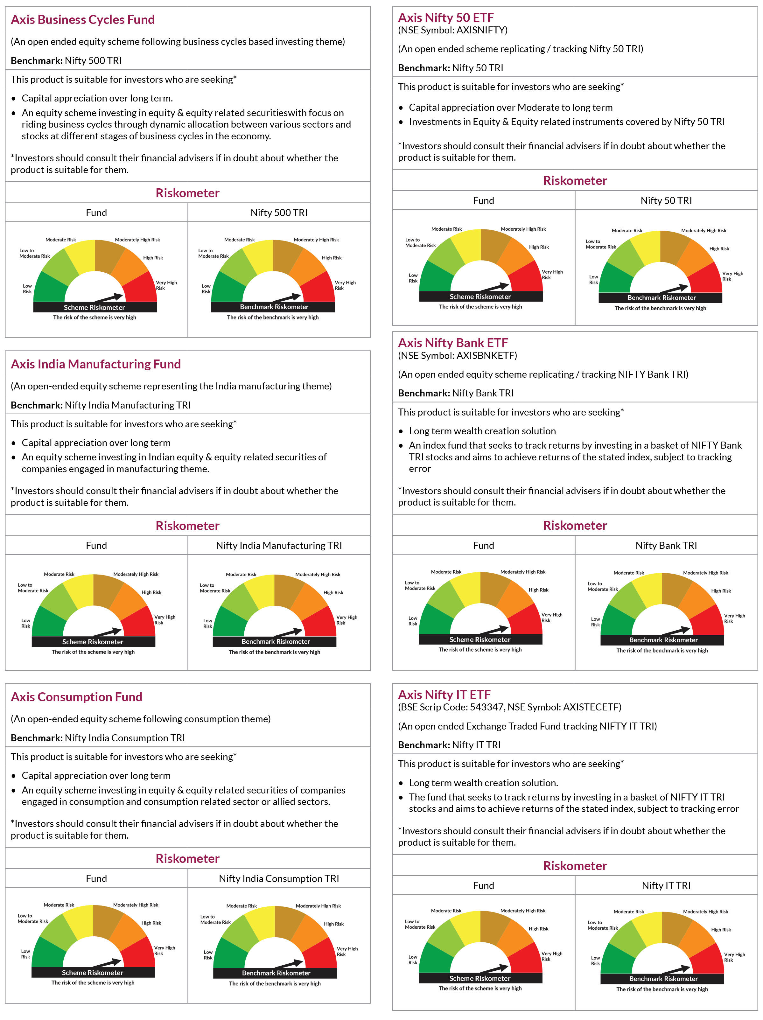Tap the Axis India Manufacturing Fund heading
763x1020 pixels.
pos(95,364)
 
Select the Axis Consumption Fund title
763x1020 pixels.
pos(77,696)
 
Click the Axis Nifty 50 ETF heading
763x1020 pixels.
pos(446,17)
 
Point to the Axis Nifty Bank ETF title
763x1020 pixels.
pos(453,343)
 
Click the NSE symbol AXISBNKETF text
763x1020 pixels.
pos(457,355)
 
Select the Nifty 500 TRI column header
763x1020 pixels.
pos(279,213)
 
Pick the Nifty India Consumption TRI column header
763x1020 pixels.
pos(279,878)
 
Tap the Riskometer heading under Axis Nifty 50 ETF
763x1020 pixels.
pos(575,180)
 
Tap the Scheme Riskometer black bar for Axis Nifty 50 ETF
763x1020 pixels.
pos(480,297)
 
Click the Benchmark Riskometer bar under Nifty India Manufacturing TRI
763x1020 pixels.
pos(275,641)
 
